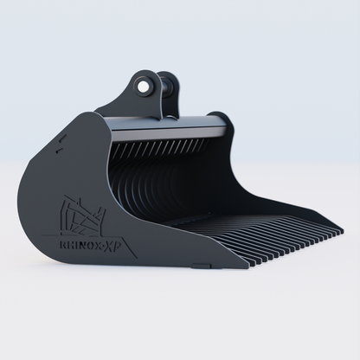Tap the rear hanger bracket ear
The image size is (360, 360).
coord(170,87)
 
